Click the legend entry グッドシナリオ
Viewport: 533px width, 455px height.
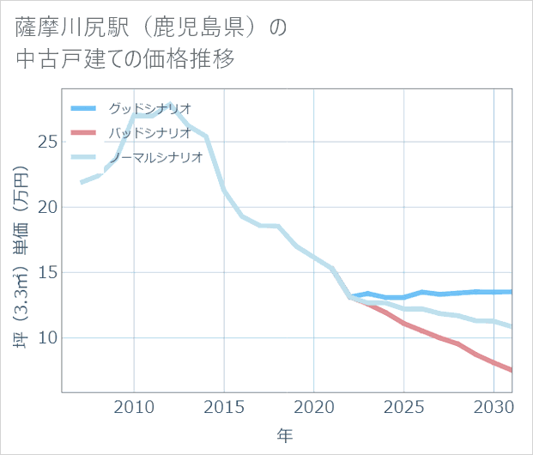click(149, 108)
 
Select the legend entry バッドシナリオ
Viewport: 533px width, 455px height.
click(149, 132)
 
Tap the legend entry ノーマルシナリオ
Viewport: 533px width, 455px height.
click(154, 157)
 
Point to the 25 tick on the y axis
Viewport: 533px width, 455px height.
click(47, 142)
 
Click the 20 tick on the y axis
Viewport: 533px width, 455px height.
click(47, 207)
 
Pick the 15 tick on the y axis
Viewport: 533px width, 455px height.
click(47, 272)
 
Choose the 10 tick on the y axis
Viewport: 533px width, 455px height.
click(47, 337)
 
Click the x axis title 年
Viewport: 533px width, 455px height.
click(285, 435)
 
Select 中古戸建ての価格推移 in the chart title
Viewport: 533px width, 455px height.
click(125, 60)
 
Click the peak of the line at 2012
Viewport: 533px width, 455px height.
click(170, 105)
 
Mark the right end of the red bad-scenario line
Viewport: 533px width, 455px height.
click(512, 370)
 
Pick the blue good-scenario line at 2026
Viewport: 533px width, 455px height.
click(422, 292)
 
